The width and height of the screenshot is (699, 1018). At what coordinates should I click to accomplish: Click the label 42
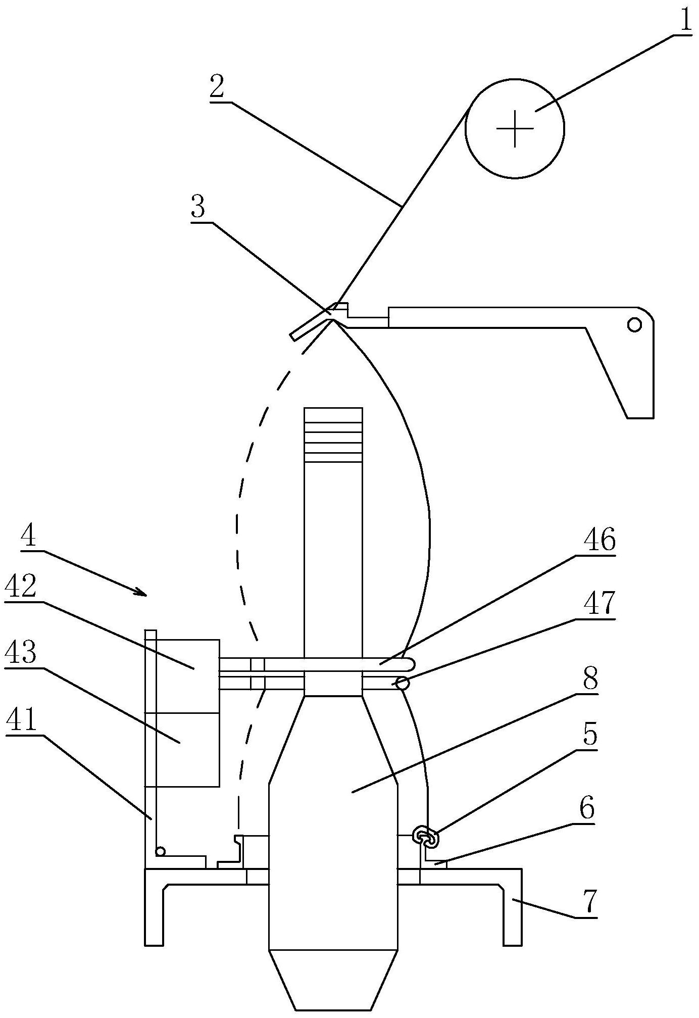point(22,588)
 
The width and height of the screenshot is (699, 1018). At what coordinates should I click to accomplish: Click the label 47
point(600,602)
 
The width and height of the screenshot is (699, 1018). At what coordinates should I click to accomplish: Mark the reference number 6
point(587,808)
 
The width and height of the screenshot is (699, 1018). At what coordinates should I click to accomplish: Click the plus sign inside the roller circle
point(515,128)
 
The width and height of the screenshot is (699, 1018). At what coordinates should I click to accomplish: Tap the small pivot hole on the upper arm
point(634,324)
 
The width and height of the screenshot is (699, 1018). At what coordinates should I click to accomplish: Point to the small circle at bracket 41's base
point(160,851)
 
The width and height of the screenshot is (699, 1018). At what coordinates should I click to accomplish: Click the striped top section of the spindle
point(333,435)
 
